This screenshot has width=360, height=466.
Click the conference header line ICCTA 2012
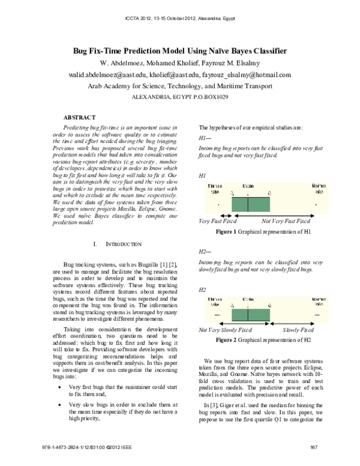point(180,19)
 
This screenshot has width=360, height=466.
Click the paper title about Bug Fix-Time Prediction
point(180,52)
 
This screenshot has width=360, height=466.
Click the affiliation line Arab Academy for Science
point(180,86)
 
